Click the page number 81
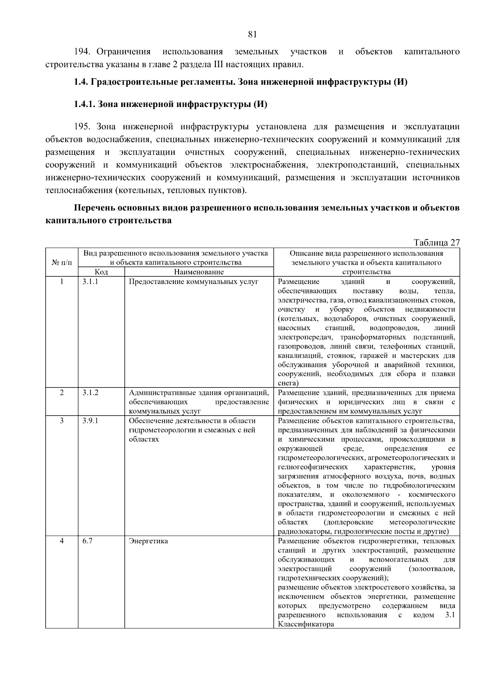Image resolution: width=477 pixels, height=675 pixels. (252, 34)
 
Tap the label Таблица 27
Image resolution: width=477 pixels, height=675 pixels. (436, 243)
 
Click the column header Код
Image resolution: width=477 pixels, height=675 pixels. (101, 272)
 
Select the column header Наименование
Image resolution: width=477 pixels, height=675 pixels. (199, 272)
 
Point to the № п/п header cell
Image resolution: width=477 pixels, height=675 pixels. (62, 263)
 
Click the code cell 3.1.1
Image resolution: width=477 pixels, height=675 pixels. (90, 282)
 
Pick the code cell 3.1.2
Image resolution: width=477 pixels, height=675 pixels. (90, 393)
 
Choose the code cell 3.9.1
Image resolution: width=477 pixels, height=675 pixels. (90, 421)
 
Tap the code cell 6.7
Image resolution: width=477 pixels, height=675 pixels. (87, 541)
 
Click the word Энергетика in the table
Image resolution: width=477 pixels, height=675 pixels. (148, 541)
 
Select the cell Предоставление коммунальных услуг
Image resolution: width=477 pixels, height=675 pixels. (194, 282)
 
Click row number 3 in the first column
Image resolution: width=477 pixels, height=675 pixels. (62, 421)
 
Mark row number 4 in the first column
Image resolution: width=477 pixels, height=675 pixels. (62, 541)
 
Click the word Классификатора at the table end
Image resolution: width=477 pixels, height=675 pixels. (306, 624)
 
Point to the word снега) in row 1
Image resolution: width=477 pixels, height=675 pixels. (288, 383)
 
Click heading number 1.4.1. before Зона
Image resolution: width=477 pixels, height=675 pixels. (84, 105)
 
